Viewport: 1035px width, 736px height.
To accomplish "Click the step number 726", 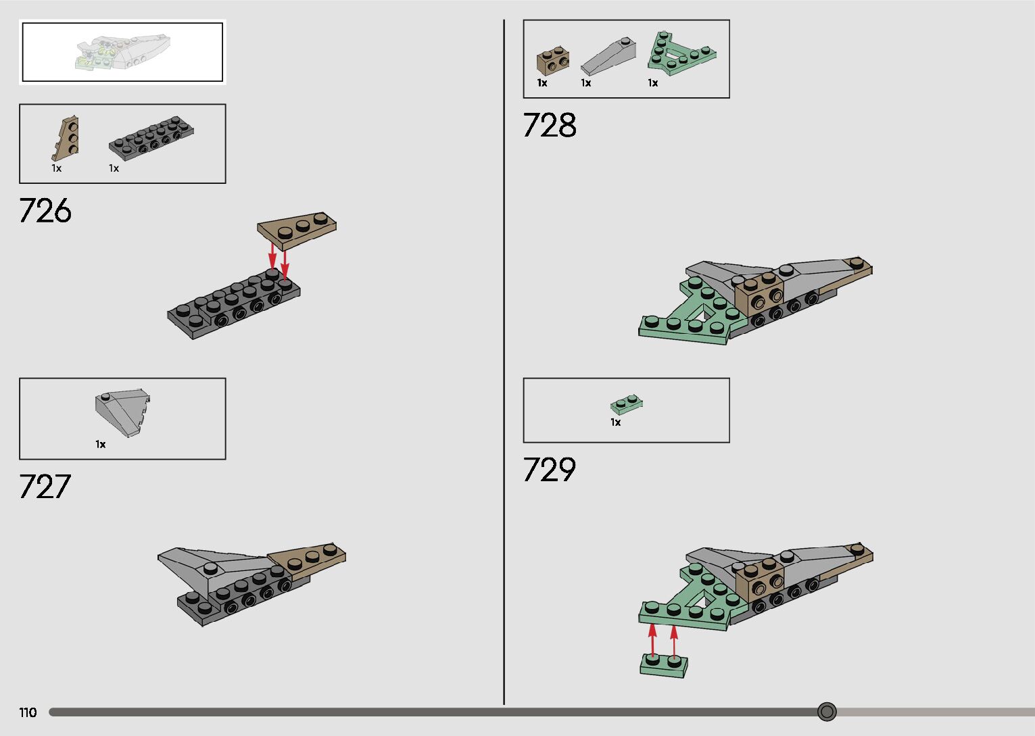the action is [x=45, y=211].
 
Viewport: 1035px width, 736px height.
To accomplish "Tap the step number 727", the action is [x=45, y=487].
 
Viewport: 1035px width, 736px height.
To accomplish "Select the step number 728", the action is [x=549, y=126].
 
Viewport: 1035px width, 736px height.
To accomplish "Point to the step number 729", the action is [x=549, y=470].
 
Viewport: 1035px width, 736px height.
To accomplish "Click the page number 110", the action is [x=28, y=712].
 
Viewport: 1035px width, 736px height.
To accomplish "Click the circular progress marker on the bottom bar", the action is [x=827, y=712].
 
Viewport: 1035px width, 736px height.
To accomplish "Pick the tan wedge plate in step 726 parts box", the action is [x=67, y=139].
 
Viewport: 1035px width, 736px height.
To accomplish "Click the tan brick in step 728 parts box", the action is [x=552, y=61].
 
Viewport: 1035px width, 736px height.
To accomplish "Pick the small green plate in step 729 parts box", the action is [x=626, y=404].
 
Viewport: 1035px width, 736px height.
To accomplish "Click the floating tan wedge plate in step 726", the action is [x=297, y=228].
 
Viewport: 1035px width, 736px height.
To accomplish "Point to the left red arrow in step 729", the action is [x=652, y=639].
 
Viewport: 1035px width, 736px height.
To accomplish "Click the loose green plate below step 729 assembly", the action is [x=664, y=665].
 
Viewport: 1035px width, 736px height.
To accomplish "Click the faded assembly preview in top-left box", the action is [x=122, y=53].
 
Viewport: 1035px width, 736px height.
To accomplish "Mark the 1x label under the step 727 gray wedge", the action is [x=101, y=445].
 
